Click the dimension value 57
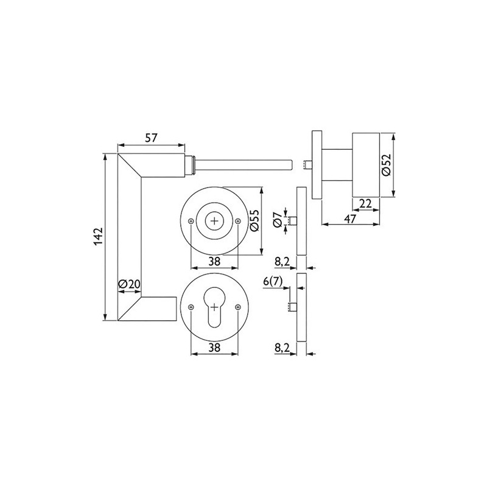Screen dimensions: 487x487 click(151, 138)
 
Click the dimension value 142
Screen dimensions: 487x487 click(97, 237)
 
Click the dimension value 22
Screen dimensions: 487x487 click(366, 203)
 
